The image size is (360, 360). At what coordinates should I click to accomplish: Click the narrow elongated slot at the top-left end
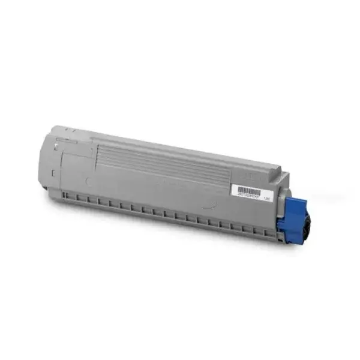coord(61,139)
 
